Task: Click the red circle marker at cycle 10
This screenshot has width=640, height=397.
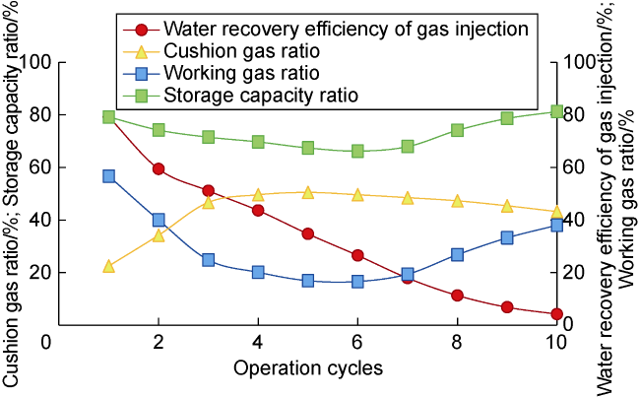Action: point(556,314)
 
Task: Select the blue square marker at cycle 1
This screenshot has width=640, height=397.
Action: point(108,176)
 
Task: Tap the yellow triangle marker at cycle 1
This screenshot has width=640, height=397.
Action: point(108,266)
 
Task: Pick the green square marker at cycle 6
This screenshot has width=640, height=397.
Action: point(357,151)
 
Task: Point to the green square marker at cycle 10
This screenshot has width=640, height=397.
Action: point(556,112)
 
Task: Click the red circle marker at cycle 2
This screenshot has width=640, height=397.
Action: point(159,169)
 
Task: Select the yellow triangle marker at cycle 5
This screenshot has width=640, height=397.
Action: point(307,193)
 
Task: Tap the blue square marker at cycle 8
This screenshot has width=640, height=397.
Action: point(457,254)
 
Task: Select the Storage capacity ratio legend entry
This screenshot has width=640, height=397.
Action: point(246,96)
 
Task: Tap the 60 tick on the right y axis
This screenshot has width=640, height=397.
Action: point(576,167)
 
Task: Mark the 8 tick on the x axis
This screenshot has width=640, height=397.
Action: point(457,341)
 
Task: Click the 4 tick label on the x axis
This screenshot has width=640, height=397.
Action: point(258,341)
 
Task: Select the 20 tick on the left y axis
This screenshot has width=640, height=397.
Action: point(43,273)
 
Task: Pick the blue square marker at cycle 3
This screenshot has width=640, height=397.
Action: point(208,260)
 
